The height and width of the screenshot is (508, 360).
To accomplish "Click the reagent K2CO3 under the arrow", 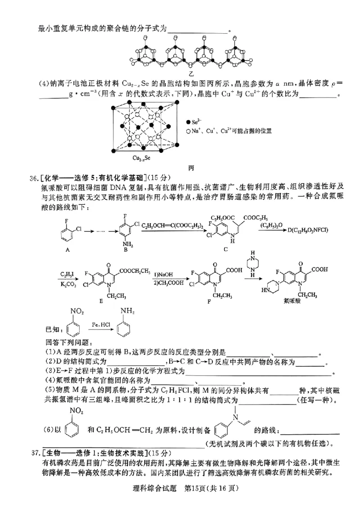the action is pyautogui.click(x=68, y=284).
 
